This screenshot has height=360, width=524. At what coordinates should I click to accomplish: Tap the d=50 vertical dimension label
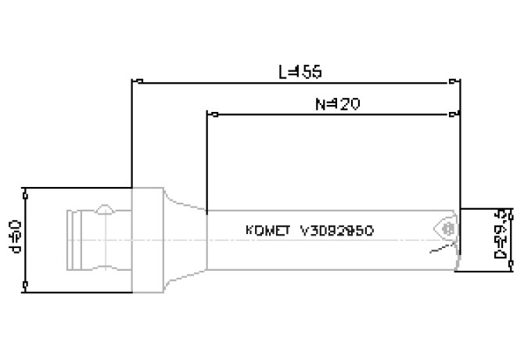pos(13,239)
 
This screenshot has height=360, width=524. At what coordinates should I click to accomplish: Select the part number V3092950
pos(336,231)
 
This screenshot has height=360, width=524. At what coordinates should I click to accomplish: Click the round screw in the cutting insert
pos(449,229)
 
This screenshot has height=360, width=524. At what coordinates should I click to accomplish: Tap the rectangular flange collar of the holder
pos(147,239)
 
